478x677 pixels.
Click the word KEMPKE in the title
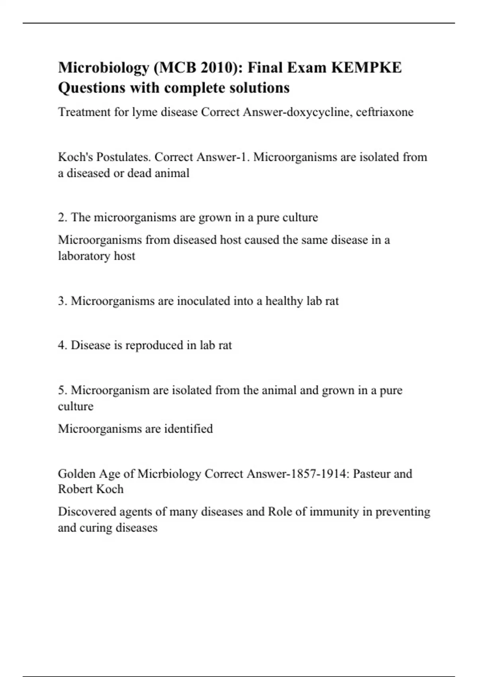point(366,68)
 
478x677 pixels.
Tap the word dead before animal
point(139,173)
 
